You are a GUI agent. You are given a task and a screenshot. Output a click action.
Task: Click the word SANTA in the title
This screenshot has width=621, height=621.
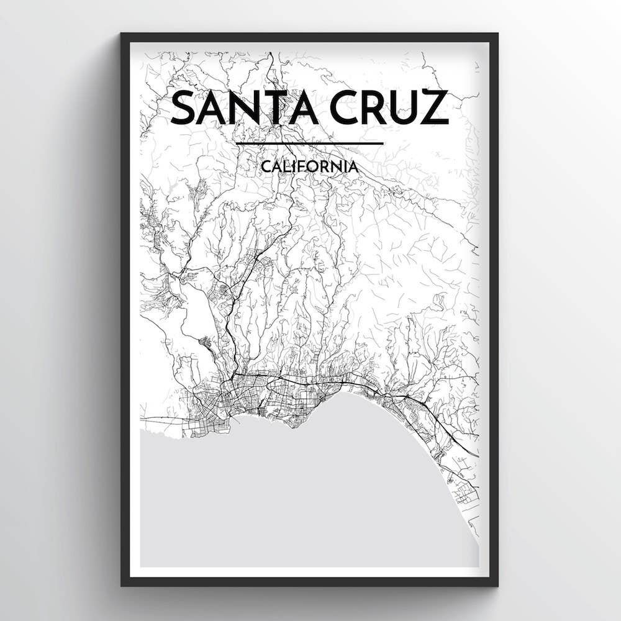(x=246, y=107)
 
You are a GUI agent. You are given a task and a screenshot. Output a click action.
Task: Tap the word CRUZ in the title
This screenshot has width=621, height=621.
(x=389, y=107)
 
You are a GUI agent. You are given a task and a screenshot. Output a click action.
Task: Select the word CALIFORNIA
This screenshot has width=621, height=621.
(x=309, y=166)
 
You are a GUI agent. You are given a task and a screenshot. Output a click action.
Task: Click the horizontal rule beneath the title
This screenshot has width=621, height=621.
(x=309, y=143)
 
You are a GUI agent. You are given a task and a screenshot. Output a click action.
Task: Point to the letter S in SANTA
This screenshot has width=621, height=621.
(x=184, y=107)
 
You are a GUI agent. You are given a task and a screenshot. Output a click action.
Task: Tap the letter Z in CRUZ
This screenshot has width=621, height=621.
(x=434, y=107)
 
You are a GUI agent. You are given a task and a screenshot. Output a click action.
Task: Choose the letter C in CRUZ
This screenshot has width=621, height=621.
(x=345, y=107)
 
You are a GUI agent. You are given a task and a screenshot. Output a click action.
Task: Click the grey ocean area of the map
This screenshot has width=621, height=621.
(x=298, y=497)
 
